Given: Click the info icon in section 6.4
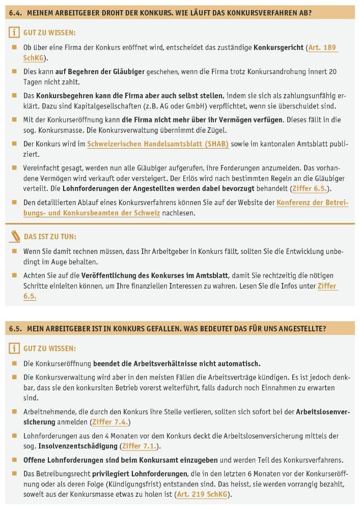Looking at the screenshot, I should click(14, 33).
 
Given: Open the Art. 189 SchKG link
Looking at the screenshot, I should click(322, 48).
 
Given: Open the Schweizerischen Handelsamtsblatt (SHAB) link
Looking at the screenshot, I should click(158, 144).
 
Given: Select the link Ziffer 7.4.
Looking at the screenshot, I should click(110, 422).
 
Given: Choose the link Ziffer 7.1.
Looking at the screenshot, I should click(140, 446).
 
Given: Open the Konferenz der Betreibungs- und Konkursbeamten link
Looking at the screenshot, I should click(312, 203).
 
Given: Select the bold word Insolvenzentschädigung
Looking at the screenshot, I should click(78, 446).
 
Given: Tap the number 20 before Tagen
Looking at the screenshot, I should click(332, 72).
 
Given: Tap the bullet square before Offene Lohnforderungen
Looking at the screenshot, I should click(14, 460).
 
